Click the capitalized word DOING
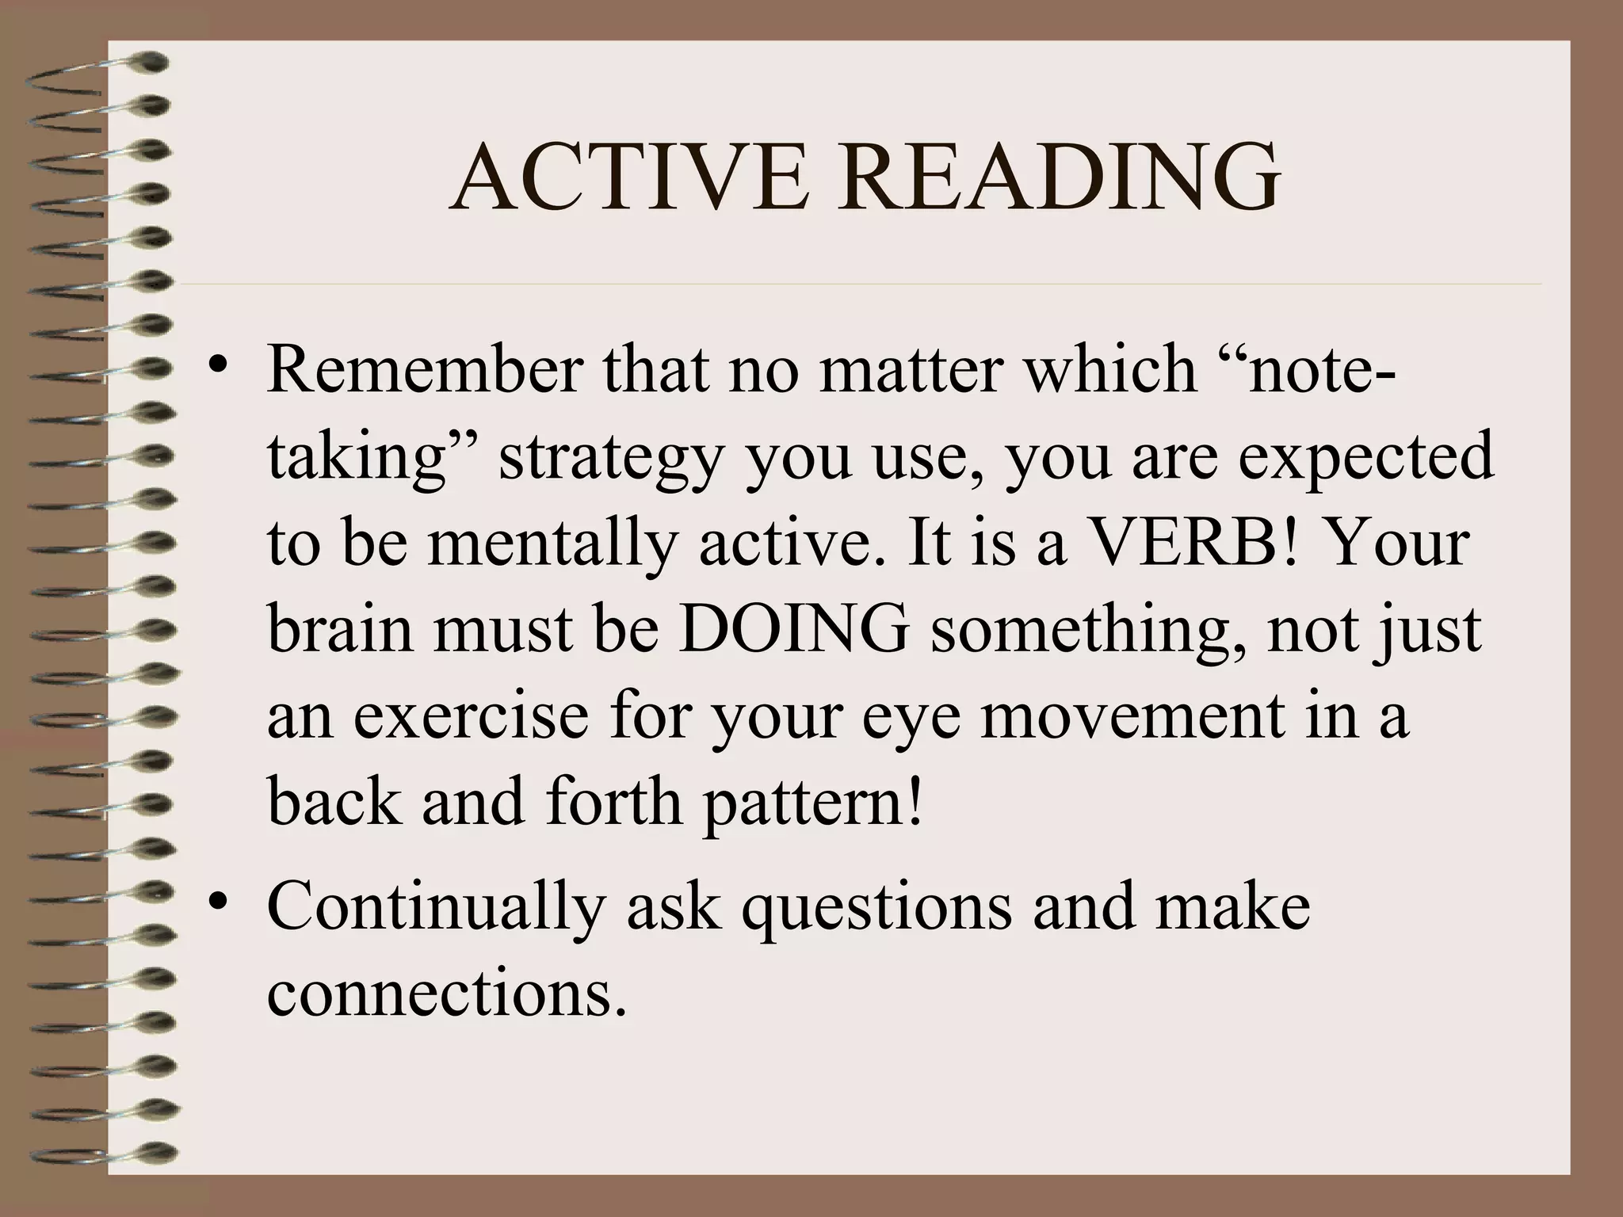[x=793, y=630]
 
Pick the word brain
[x=341, y=630]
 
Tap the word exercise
[x=471, y=715]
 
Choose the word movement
[x=1132, y=715]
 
